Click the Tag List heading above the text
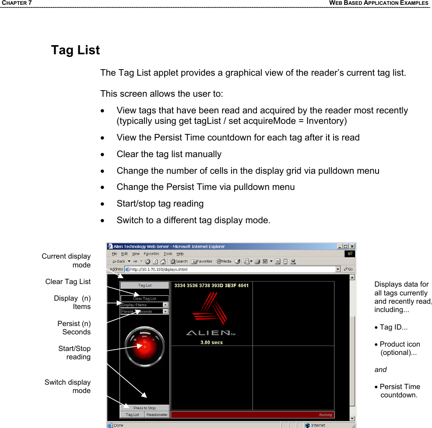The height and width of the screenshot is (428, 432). (x=75, y=50)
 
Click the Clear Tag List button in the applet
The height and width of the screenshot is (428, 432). (x=144, y=298)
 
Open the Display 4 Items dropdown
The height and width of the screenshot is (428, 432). (x=165, y=305)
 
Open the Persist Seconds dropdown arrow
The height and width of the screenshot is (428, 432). (x=165, y=312)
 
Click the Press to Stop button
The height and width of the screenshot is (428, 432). (x=144, y=408)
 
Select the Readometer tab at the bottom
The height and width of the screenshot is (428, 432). (x=157, y=414)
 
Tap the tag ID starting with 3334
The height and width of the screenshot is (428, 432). (x=211, y=286)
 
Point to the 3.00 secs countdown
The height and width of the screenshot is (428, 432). (x=211, y=342)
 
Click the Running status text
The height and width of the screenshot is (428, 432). (x=325, y=414)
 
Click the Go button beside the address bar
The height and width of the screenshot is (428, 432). (x=348, y=269)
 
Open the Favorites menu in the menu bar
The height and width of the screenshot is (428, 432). (x=151, y=254)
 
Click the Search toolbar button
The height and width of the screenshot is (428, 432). (x=179, y=262)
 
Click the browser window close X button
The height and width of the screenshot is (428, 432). (x=352, y=246)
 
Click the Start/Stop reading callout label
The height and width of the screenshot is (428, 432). (x=74, y=353)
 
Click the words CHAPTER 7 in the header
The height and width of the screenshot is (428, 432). (x=16, y=3)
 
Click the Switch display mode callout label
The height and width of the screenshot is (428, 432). (x=68, y=386)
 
